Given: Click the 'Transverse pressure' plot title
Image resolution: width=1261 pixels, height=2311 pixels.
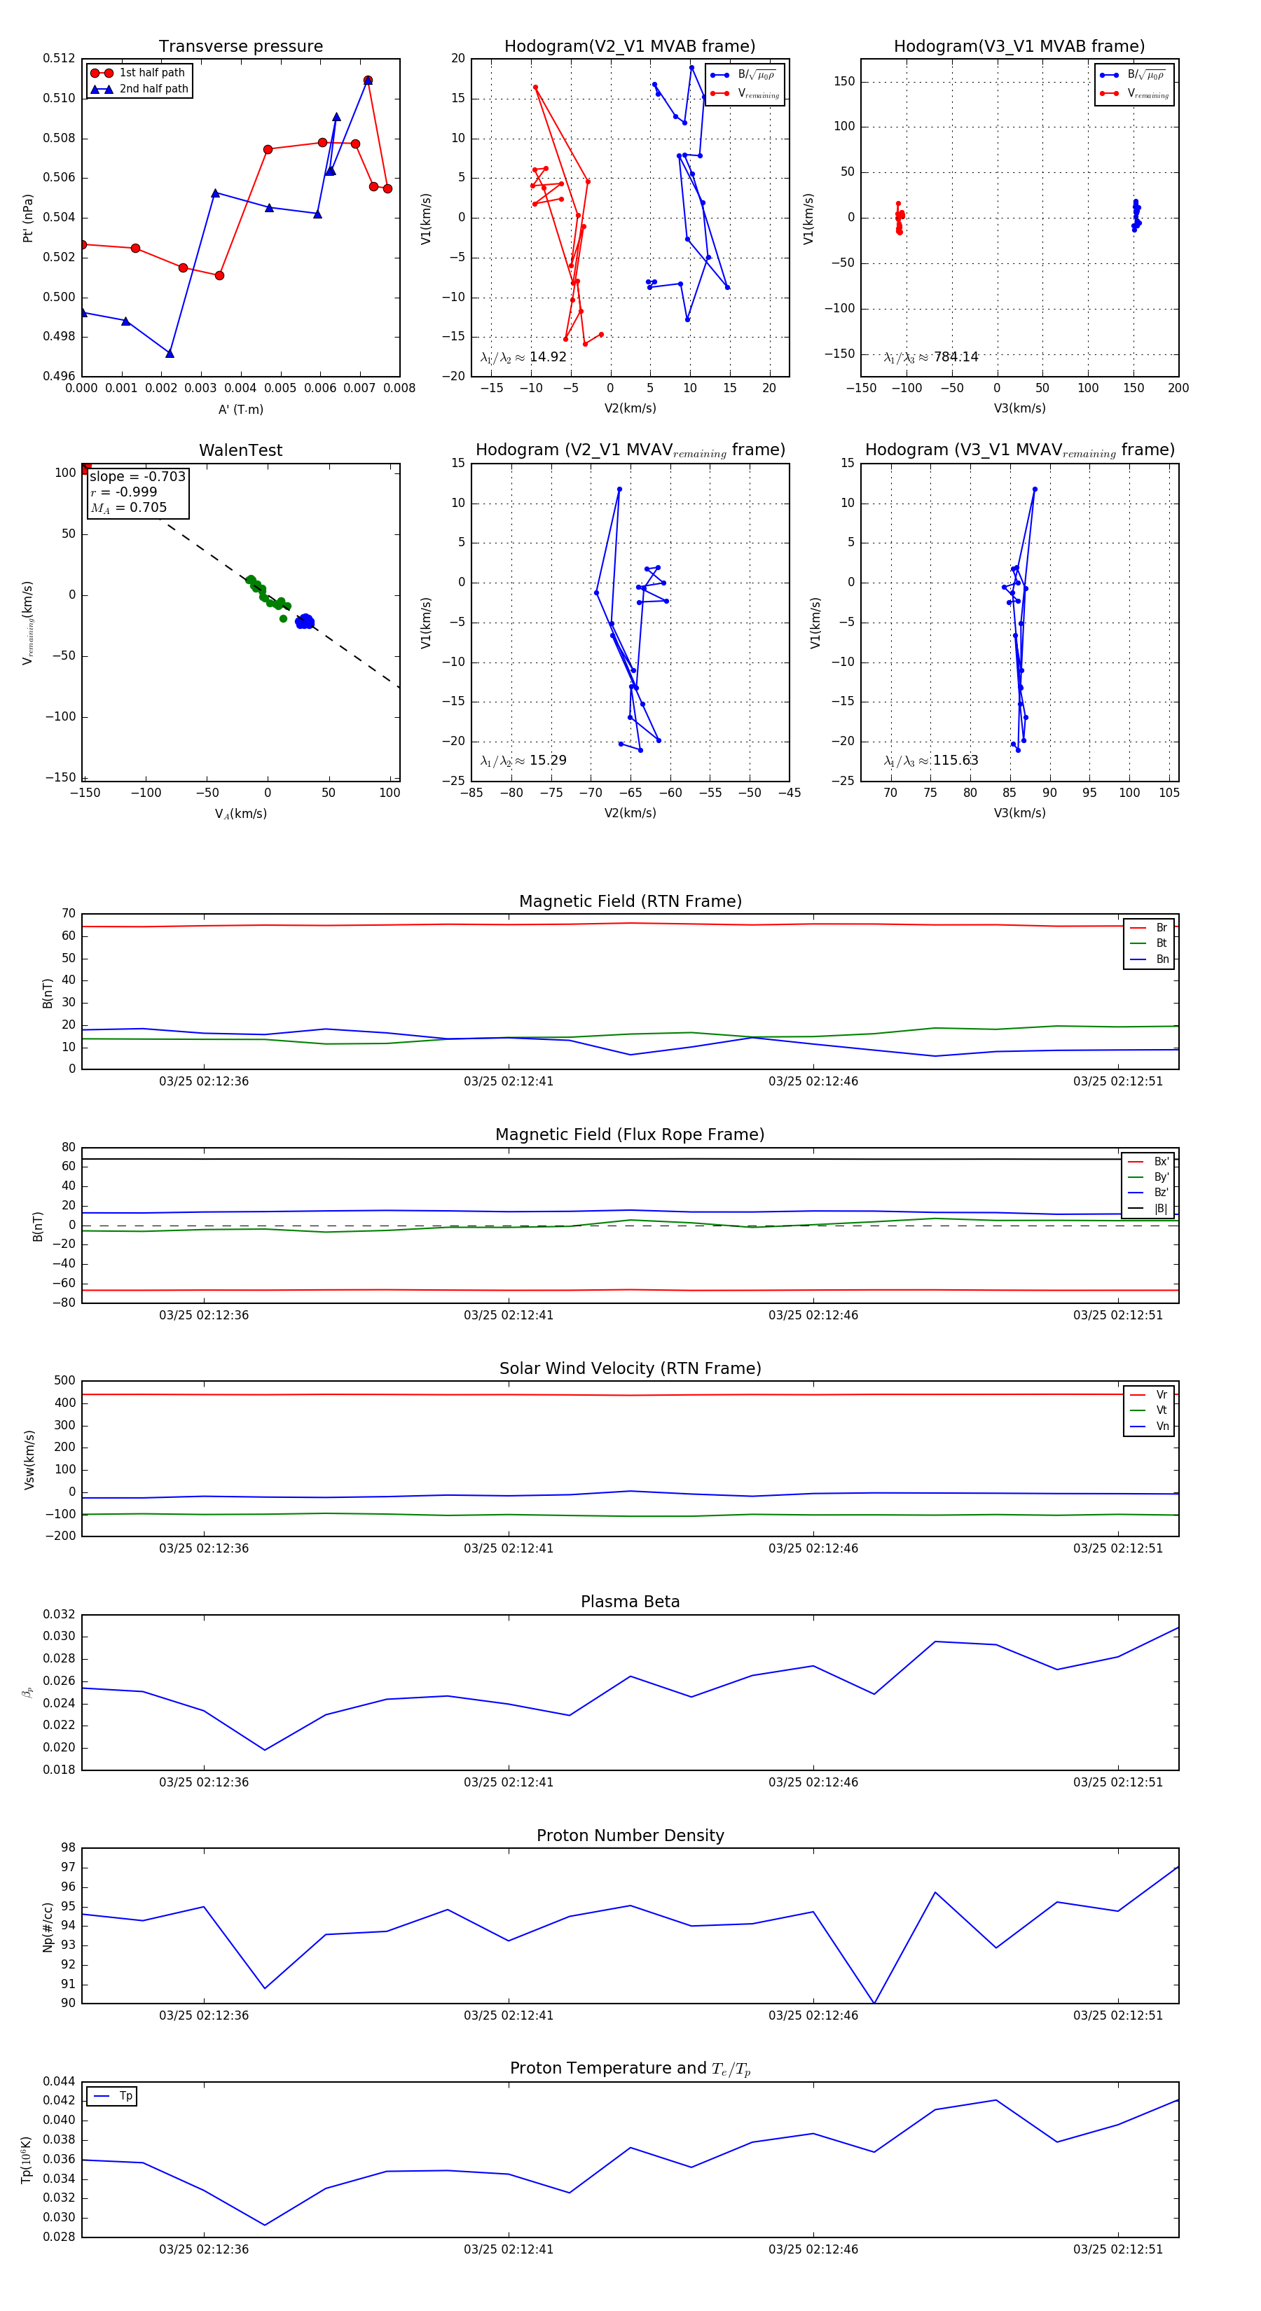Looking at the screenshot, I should click(240, 46).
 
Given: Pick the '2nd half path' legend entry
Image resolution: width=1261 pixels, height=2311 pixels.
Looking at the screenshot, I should click(153, 89).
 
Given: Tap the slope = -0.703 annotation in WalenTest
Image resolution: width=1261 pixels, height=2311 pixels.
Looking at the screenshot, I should click(137, 476).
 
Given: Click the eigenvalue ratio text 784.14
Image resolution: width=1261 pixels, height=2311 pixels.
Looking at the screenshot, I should click(955, 357).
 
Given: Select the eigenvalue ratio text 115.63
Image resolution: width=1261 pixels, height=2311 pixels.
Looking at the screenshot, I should click(955, 760).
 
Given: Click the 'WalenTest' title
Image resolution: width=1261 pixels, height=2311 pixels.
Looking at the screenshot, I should click(240, 450).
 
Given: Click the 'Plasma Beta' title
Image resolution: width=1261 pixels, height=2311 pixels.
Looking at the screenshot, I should click(630, 1602).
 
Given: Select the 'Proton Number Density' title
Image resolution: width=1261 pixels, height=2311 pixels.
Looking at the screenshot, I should click(630, 1835).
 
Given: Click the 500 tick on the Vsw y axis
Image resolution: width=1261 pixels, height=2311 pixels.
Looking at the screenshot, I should click(64, 1381).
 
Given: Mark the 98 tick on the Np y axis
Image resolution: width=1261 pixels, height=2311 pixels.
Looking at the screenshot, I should click(68, 1847).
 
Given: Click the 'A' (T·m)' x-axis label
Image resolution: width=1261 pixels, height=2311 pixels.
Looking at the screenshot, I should click(240, 409).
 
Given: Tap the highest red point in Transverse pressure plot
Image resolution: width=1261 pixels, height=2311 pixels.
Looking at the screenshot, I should click(368, 81).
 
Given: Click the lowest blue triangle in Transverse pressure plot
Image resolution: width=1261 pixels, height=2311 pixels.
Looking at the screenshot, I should click(170, 354).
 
